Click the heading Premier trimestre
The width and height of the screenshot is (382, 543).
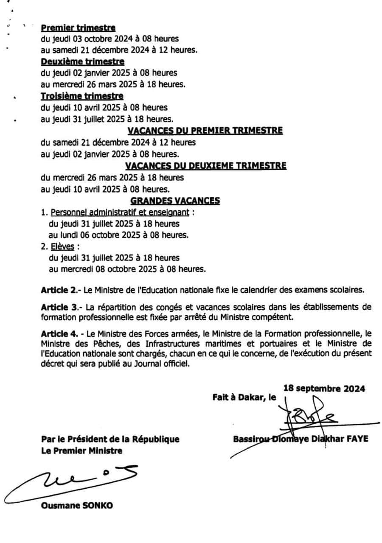coord(78,28)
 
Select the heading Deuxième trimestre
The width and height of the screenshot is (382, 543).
coord(82,62)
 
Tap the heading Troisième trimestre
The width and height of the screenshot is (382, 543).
coord(82,96)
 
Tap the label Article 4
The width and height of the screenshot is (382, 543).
coord(60,334)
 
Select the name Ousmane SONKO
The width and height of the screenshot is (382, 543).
coord(77,506)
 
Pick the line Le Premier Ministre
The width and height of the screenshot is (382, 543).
coord(81,451)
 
